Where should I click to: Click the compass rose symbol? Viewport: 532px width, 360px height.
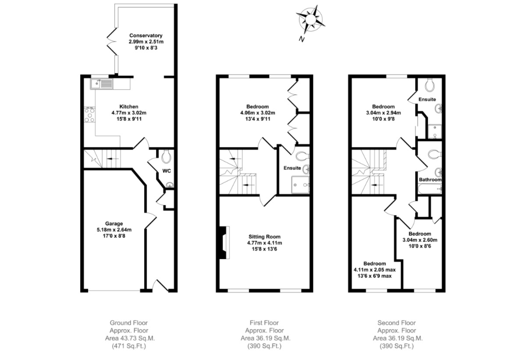coord(310,20)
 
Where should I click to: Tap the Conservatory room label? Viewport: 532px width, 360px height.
coord(146,35)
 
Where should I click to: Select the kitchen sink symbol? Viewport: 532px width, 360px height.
coord(102,84)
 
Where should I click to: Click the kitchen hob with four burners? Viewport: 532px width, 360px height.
coord(89,114)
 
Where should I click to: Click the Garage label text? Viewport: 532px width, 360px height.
coord(114,224)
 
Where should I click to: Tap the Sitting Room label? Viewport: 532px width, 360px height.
coord(264,237)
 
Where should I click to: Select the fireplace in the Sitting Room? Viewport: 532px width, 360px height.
coord(224,242)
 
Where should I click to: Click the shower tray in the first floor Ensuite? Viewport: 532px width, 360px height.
coord(300,185)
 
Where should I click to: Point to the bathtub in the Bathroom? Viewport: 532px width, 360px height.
coord(430,189)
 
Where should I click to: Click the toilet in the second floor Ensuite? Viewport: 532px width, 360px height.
coord(430,85)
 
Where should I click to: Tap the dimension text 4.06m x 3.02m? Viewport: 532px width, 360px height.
coord(258,113)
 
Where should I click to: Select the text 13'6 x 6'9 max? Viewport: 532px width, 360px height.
coord(374,276)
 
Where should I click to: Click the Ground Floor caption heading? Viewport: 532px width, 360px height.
coord(129,322)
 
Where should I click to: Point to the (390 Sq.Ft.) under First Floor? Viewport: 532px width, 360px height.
coord(264,346)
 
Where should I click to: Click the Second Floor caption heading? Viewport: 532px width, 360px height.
coord(397,322)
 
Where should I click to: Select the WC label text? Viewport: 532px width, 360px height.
coord(167,171)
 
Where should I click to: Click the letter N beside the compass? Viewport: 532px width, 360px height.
coord(301,39)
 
